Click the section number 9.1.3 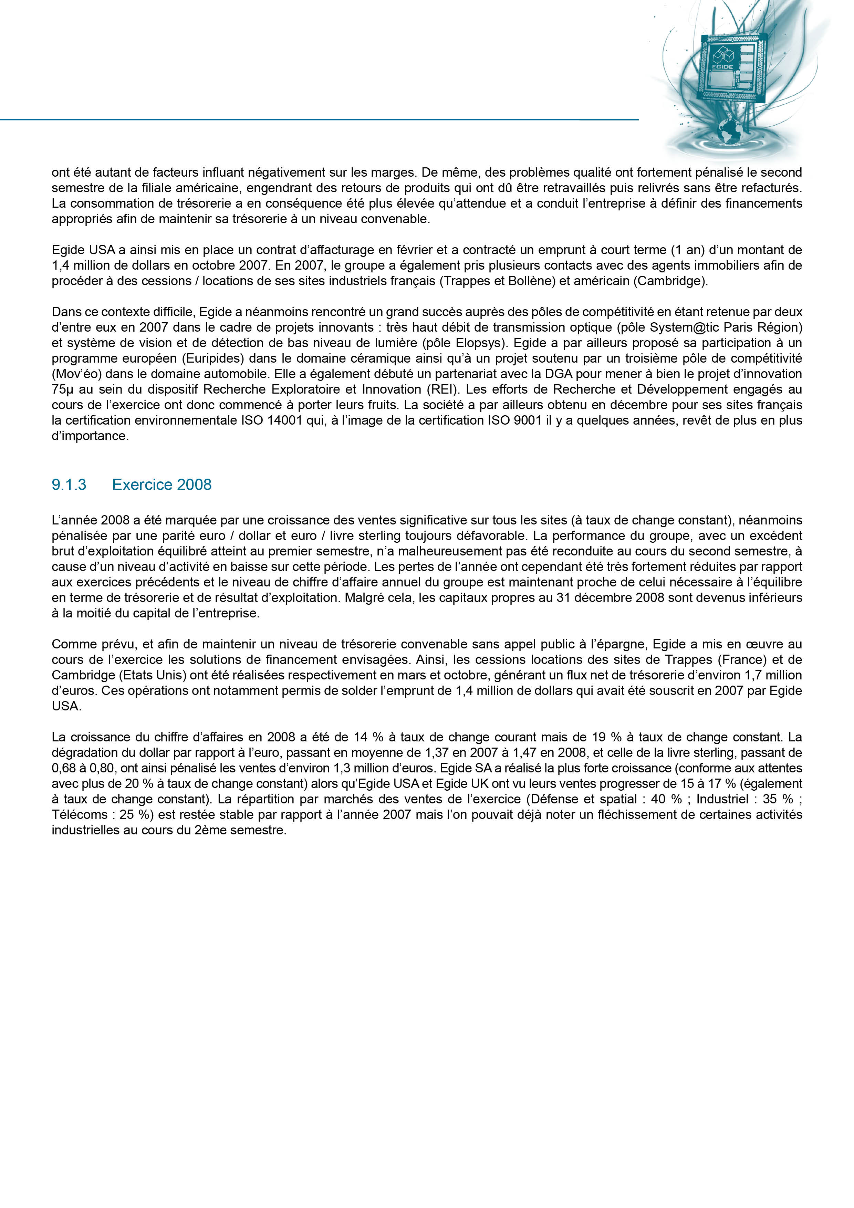69,485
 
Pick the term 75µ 62,389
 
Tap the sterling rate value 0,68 63,768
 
